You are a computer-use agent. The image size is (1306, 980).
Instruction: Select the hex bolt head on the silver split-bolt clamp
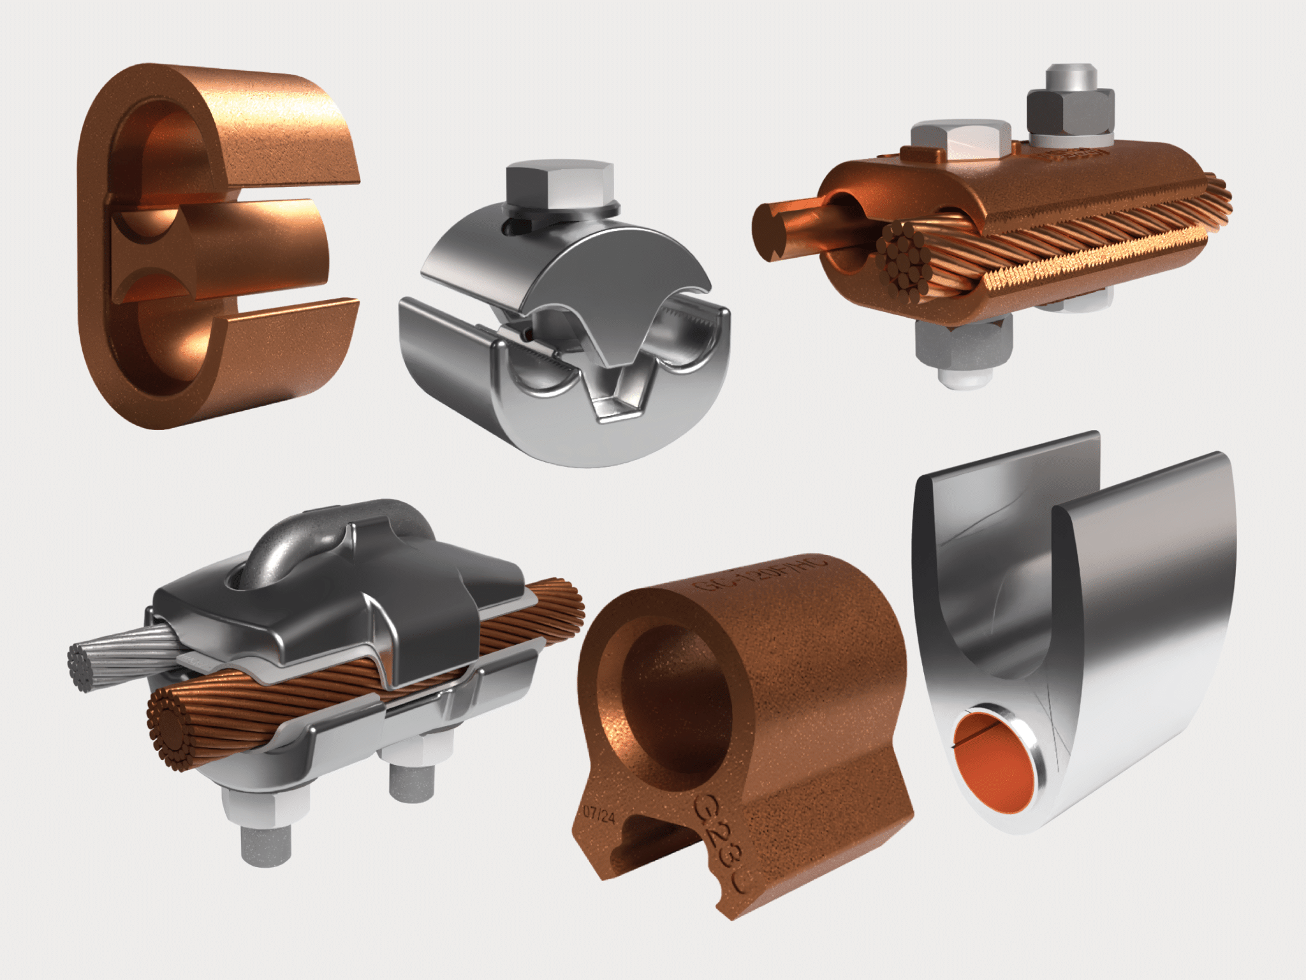559,186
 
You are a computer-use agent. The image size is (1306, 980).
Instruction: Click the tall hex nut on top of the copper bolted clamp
1071,108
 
